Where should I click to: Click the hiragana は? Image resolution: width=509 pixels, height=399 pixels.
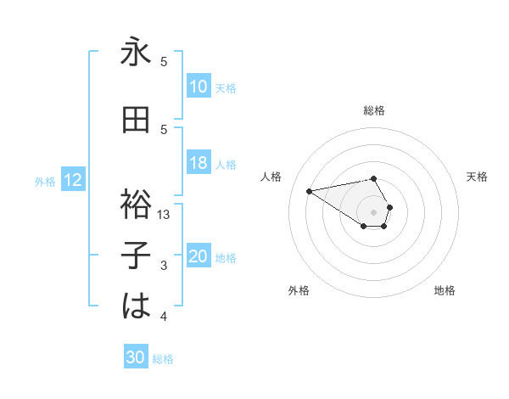click(x=137, y=306)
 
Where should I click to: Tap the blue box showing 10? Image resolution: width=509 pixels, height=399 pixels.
click(x=199, y=87)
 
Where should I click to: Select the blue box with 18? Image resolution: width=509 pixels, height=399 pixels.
click(x=199, y=164)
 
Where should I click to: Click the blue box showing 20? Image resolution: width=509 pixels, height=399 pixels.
click(x=199, y=257)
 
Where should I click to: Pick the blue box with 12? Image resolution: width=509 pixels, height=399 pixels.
click(x=73, y=180)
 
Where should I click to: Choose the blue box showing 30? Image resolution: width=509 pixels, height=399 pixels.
click(x=136, y=357)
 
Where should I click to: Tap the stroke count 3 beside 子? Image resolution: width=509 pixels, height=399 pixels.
click(x=164, y=267)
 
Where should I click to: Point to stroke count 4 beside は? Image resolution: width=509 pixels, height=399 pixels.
click(x=164, y=317)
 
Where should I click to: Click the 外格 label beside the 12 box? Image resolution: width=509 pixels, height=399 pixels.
click(x=45, y=181)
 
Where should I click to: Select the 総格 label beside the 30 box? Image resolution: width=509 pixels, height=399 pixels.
click(x=163, y=358)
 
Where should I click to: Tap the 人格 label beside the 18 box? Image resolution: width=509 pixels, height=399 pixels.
click(x=226, y=165)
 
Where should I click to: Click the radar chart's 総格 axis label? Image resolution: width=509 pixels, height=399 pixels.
click(x=374, y=110)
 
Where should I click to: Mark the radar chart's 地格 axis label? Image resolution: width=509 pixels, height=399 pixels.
click(x=445, y=290)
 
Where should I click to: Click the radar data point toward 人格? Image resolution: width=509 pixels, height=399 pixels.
click(x=310, y=190)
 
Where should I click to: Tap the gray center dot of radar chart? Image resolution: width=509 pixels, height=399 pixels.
click(x=374, y=211)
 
